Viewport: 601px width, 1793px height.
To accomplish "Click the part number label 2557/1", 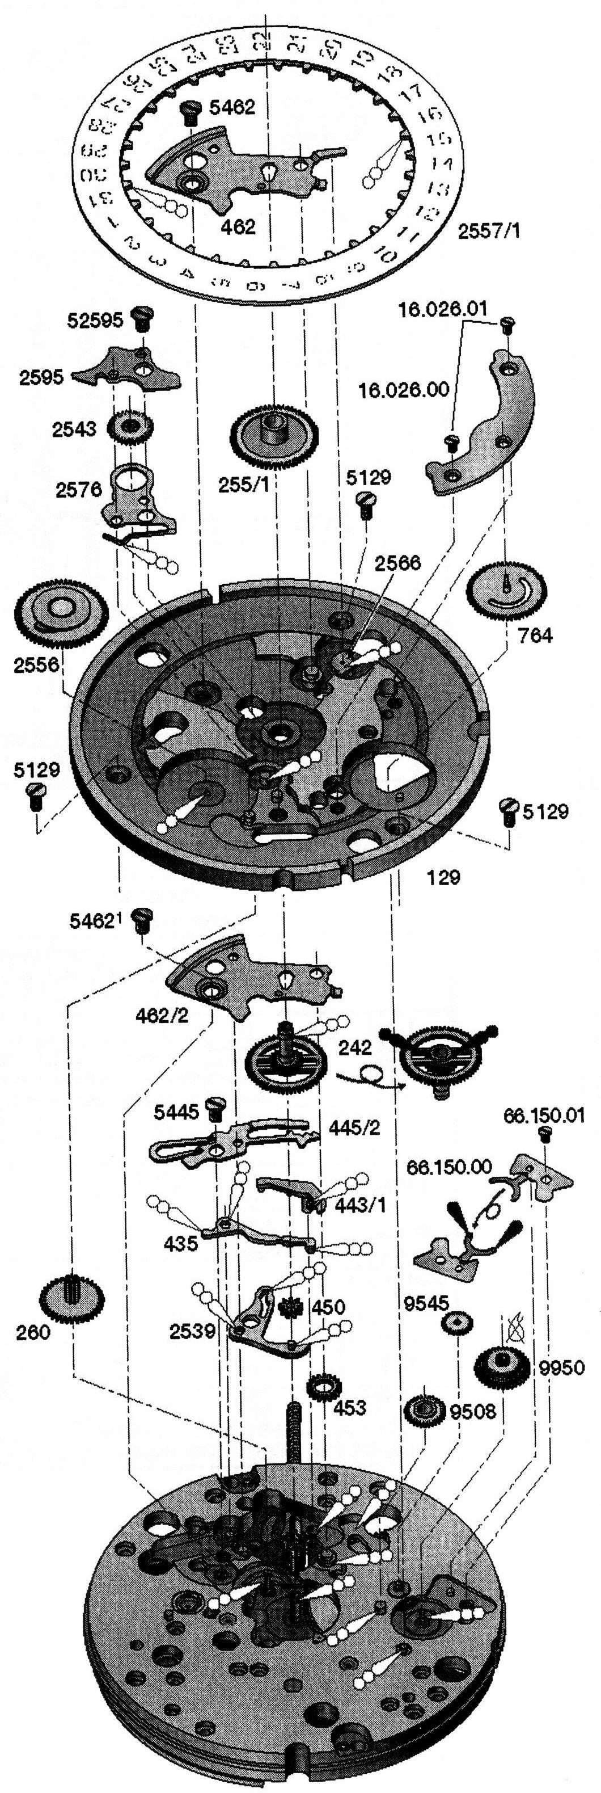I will pos(488,231).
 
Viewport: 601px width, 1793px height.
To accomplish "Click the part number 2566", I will pos(396,562).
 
